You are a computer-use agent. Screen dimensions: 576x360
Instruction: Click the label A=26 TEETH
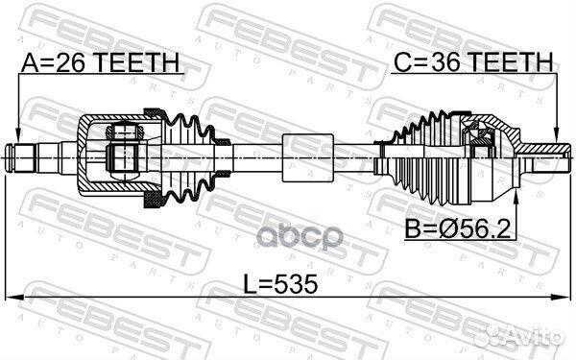coord(100,62)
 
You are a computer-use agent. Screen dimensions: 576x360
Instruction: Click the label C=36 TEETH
coord(473,61)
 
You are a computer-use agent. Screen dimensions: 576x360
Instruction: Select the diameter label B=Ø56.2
coord(458,228)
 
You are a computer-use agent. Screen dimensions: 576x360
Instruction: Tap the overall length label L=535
coord(281,284)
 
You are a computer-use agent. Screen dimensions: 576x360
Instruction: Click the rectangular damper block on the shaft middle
coord(308,157)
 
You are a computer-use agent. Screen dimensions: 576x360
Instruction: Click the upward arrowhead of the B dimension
coord(516,198)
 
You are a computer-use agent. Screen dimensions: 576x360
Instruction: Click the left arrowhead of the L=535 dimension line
coord(14,297)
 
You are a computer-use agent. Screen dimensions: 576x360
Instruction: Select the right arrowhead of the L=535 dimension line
coord(563,297)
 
